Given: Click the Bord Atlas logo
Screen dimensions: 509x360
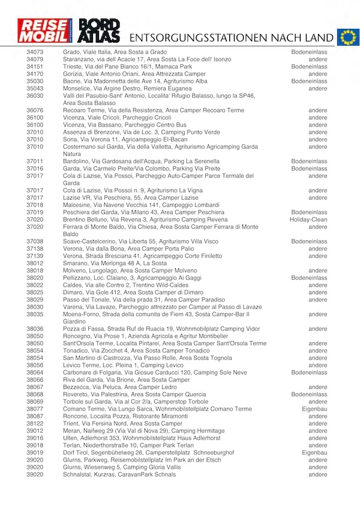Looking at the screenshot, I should (x=100, y=31).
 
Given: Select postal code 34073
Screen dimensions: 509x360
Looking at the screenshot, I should (x=35, y=52).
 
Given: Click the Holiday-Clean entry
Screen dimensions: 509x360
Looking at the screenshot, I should (x=308, y=220).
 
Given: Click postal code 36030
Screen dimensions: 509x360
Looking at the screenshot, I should (x=35, y=96).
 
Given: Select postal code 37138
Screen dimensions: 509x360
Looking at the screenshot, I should (x=35, y=248).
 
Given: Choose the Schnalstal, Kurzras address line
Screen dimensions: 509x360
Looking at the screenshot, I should (x=119, y=474).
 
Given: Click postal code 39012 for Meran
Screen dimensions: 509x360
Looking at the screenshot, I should (x=35, y=431).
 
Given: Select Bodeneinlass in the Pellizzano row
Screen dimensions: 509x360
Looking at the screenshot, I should (x=310, y=278).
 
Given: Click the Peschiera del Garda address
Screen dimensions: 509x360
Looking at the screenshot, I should (x=143, y=212).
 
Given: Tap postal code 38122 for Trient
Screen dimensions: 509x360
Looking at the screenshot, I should (x=35, y=424).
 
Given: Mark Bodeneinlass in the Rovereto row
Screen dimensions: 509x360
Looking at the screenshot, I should (x=310, y=394).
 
